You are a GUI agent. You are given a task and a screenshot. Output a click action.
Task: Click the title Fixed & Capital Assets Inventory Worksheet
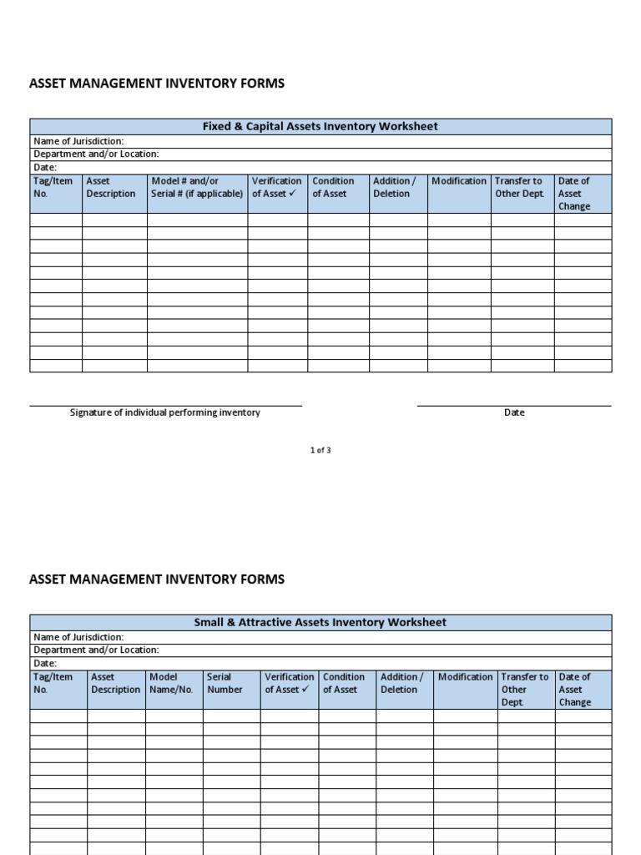[320, 126]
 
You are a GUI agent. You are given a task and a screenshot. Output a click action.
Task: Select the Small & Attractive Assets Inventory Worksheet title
[320, 622]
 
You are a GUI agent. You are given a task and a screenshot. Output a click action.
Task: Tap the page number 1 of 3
[320, 450]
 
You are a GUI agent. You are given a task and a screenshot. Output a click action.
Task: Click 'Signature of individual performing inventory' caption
[165, 412]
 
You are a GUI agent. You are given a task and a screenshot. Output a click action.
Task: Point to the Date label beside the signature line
[514, 412]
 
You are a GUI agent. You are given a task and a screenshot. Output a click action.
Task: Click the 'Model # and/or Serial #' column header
[197, 188]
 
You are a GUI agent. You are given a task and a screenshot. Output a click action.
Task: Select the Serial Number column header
[225, 684]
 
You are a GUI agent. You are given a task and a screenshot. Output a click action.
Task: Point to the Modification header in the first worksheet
[458, 181]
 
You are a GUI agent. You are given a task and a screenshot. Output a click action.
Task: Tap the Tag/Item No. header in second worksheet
[53, 684]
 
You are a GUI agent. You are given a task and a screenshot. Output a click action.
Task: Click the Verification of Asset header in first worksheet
[276, 188]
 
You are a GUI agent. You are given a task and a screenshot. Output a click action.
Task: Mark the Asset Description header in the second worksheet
[115, 684]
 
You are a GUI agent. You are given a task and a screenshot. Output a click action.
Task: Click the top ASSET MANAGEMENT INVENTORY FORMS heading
[157, 83]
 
